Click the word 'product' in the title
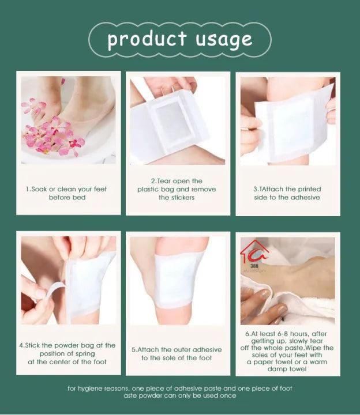click(x=147, y=39)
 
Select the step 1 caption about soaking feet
click(x=67, y=193)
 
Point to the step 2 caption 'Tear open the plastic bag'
click(x=176, y=189)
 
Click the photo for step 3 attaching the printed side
click(x=287, y=120)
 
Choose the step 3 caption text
click(x=287, y=193)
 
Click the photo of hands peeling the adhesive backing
click(x=68, y=280)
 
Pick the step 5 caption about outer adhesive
click(x=177, y=353)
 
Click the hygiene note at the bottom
click(x=180, y=392)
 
